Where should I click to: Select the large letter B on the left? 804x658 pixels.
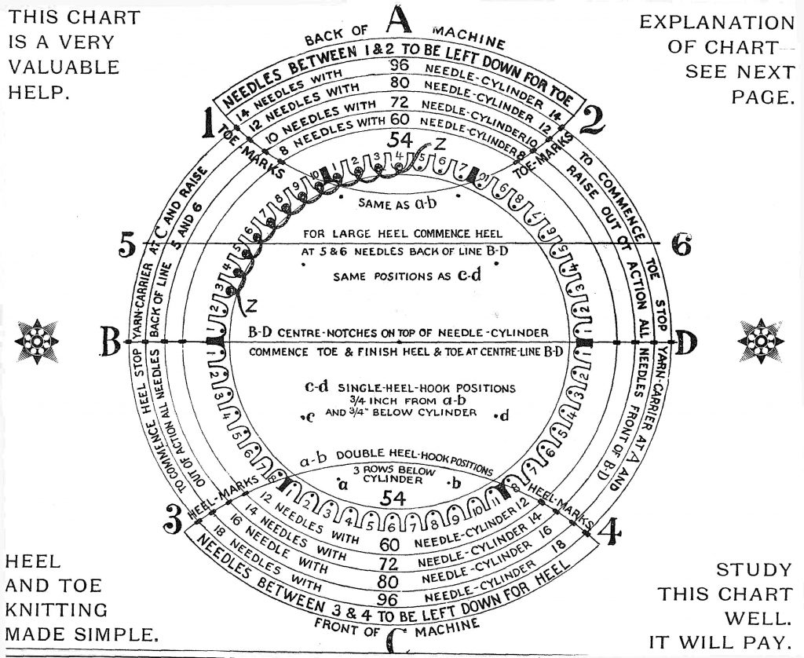[x=111, y=342]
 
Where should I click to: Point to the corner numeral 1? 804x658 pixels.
[x=209, y=123]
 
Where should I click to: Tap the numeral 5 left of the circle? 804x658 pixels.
[x=128, y=245]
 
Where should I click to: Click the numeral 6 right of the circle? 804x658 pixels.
[x=681, y=246]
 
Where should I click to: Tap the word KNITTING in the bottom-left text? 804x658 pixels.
[x=57, y=609]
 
